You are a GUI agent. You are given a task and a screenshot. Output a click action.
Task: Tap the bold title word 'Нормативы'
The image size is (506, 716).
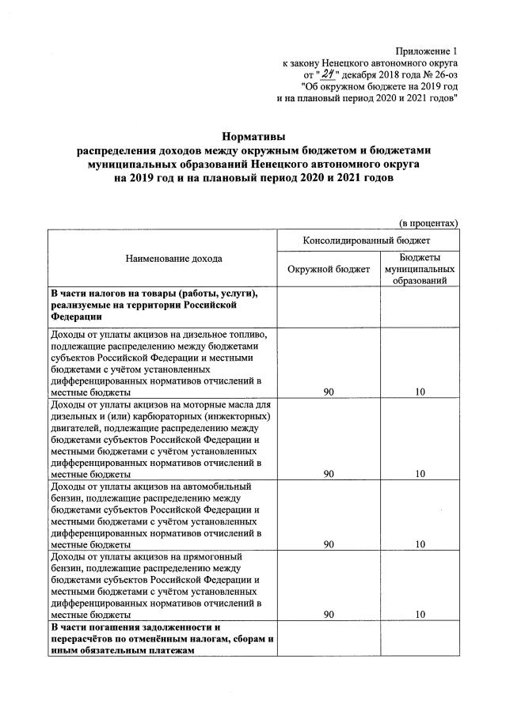(x=253, y=136)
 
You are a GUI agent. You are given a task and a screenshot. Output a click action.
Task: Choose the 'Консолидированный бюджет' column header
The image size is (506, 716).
(x=367, y=240)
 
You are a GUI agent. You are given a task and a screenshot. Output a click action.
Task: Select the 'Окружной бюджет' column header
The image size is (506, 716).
(x=328, y=269)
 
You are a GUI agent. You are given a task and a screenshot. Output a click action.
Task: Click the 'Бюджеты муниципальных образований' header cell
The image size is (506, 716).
(x=420, y=269)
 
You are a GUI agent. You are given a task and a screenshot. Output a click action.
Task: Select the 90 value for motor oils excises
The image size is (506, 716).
(x=328, y=473)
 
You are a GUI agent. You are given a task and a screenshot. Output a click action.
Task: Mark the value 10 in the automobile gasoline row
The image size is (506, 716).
(x=420, y=544)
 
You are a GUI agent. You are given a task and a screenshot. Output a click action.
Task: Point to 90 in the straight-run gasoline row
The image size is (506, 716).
(x=328, y=614)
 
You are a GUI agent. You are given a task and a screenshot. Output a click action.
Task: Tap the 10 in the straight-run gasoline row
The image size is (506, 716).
(x=420, y=614)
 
